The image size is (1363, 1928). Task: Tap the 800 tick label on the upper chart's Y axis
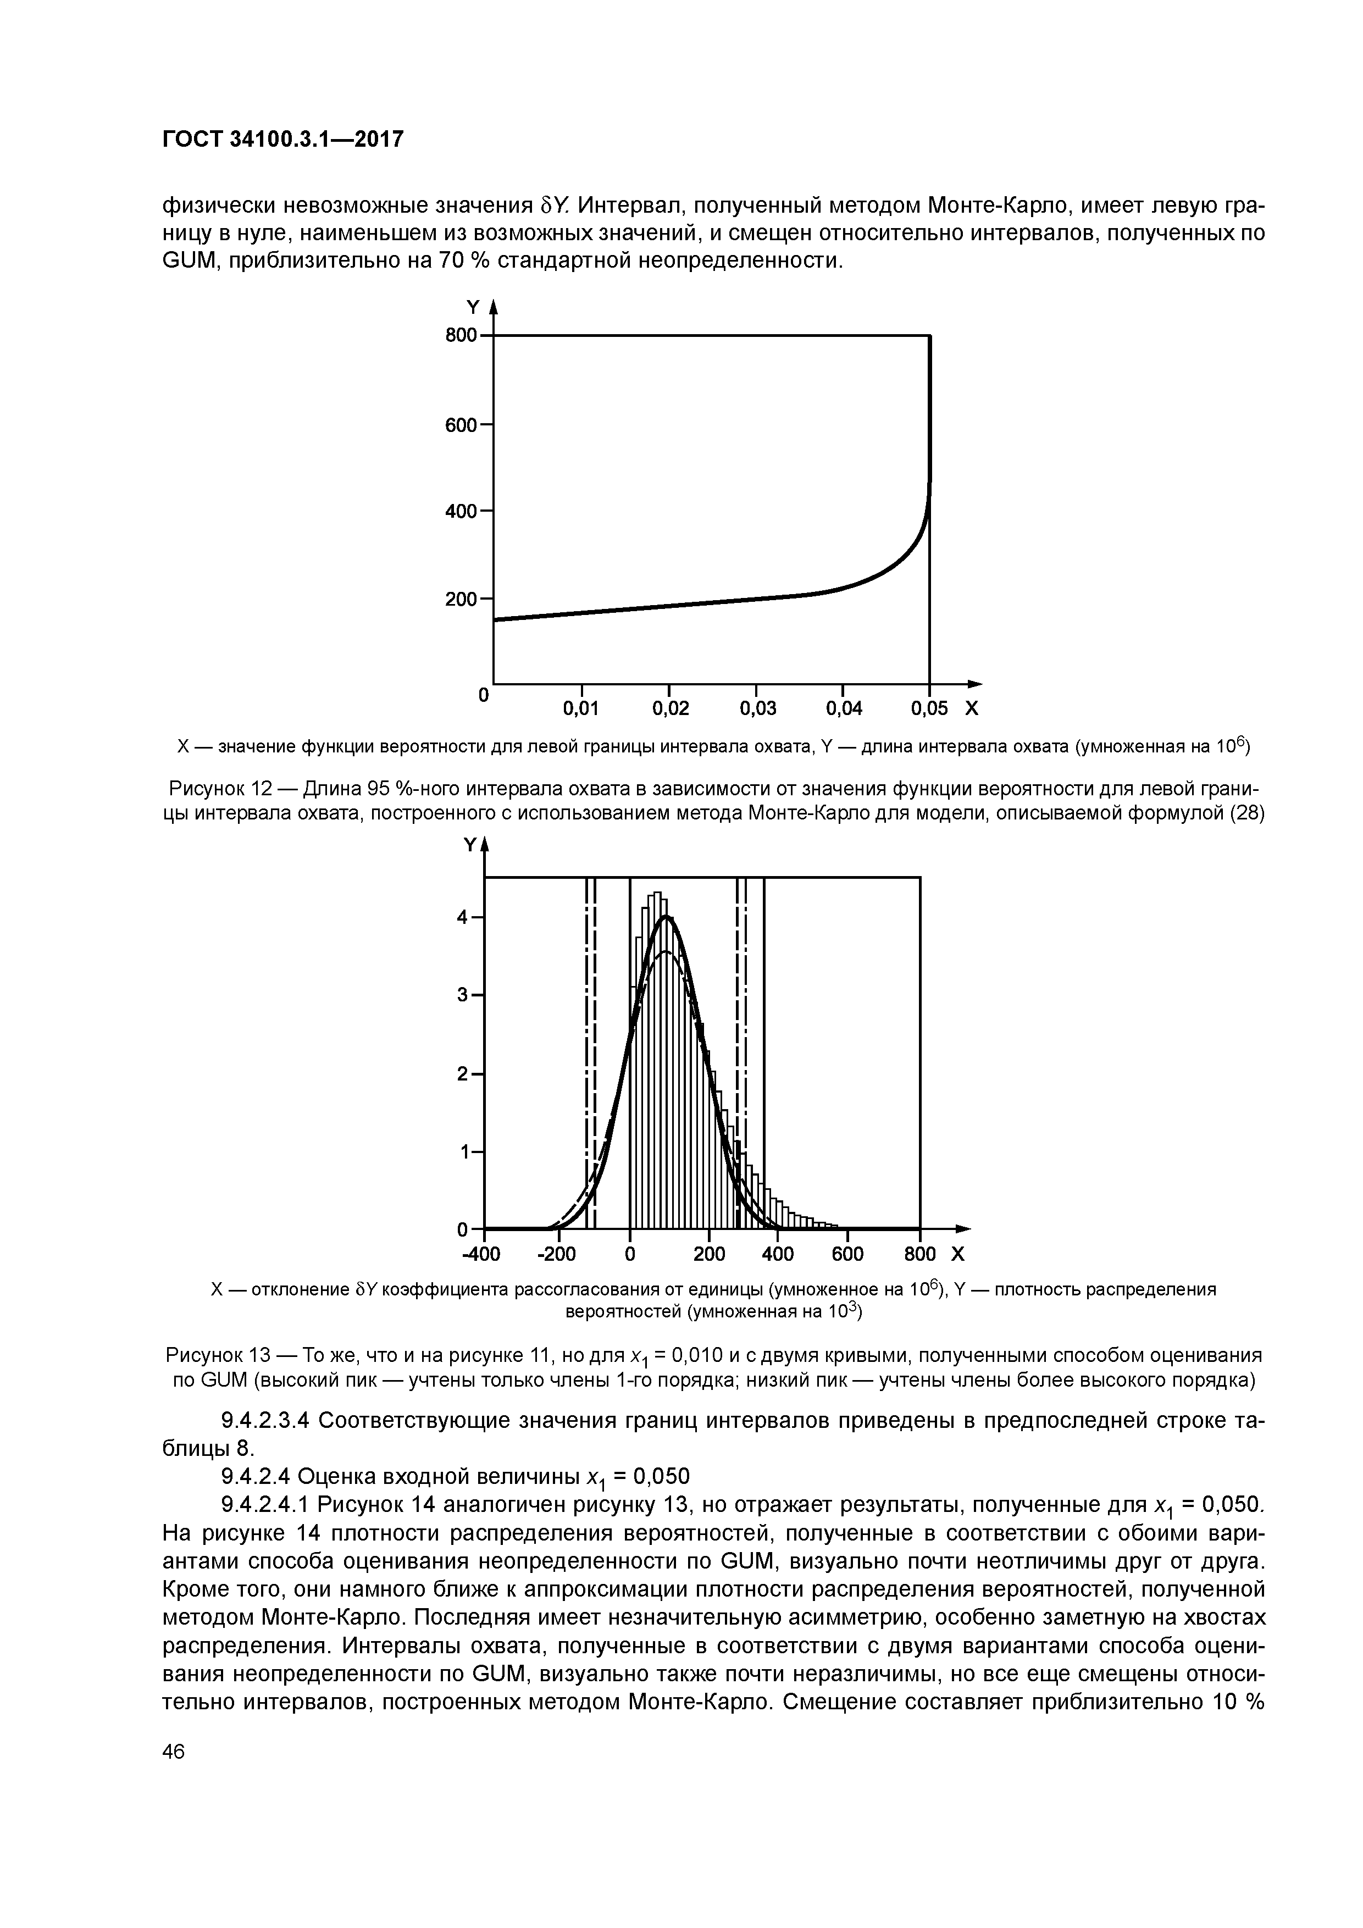click(461, 336)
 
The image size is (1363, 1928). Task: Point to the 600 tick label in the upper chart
click(461, 426)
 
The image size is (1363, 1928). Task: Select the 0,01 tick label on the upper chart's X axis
click(580, 709)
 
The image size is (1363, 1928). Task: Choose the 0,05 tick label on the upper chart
click(930, 709)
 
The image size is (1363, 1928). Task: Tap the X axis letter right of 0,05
click(972, 709)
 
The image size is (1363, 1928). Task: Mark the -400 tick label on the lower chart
click(481, 1255)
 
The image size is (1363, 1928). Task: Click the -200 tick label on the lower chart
click(556, 1255)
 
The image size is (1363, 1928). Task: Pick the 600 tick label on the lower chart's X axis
click(847, 1255)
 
